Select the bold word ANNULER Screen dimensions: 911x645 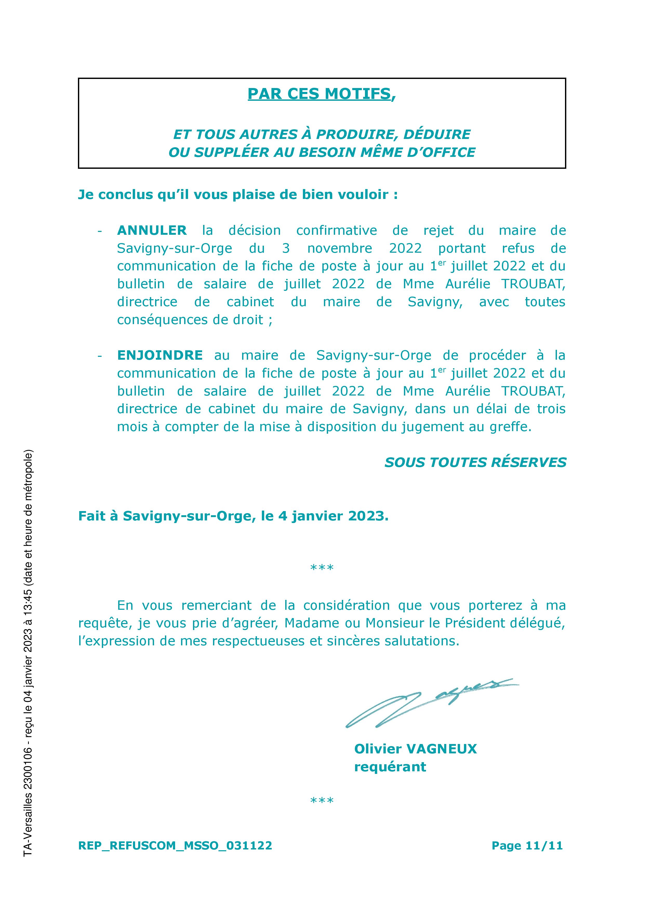152,230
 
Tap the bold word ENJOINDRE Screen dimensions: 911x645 160,355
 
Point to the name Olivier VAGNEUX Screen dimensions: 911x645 415,749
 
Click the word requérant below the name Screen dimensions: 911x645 390,767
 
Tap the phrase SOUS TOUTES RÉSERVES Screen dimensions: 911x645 475,463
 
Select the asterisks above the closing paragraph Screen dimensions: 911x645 322,568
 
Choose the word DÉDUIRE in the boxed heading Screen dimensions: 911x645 437,134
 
